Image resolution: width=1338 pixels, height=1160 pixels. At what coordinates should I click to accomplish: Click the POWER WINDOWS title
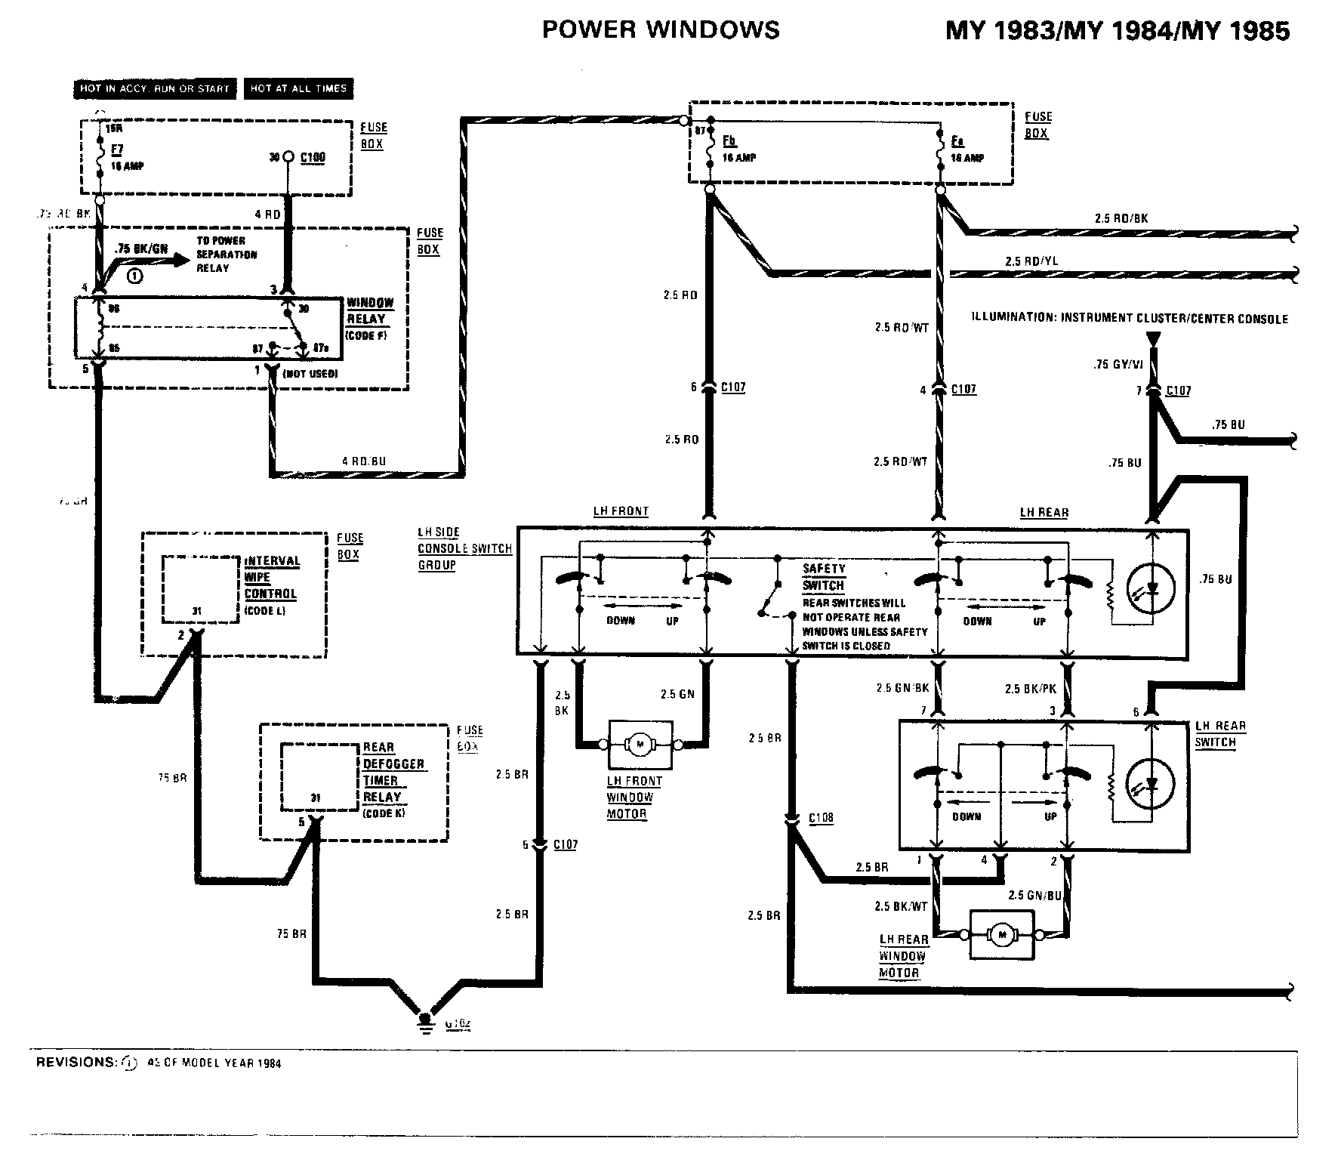[x=661, y=29]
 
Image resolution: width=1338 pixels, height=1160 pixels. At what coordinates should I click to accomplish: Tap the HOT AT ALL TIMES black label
[x=298, y=88]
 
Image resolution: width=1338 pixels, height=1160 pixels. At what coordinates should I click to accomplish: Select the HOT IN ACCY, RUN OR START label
[x=155, y=88]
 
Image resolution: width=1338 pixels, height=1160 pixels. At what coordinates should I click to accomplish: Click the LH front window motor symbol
[x=640, y=745]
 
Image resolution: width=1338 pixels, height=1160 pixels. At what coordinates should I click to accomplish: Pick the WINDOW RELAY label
[x=369, y=311]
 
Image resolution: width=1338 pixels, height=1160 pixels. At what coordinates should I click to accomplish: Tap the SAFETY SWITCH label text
[x=824, y=577]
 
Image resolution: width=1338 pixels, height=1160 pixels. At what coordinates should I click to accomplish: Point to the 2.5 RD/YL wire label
[x=1031, y=261]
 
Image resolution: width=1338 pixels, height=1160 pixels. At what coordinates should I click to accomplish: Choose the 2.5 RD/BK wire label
[x=1121, y=218]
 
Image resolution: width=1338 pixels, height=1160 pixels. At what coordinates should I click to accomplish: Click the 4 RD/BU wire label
[x=364, y=461]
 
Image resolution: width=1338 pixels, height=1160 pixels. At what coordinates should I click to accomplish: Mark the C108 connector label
[x=821, y=818]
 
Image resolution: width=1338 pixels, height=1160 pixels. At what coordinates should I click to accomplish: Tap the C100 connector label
[x=313, y=157]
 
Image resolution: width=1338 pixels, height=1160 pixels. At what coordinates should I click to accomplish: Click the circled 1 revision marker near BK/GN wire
[x=134, y=276]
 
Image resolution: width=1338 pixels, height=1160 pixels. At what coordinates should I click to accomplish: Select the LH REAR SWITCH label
[x=1219, y=734]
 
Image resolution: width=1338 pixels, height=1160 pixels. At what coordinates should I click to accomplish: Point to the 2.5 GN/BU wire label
[x=1034, y=896]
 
